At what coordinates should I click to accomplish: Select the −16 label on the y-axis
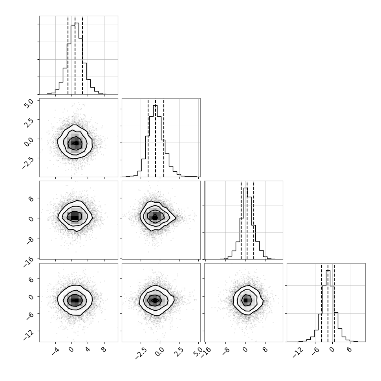pos(29,262)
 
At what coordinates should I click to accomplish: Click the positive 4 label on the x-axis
pos(88,350)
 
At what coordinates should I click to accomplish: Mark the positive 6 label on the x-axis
pos(349,350)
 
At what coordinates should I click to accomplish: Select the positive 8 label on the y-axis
pos(31,198)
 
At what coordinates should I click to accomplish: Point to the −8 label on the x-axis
pos(225,352)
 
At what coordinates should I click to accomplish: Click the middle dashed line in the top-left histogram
pos(75,55)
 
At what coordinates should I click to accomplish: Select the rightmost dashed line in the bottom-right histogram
pos(334,303)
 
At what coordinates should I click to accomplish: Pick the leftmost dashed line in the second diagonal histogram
pos(148,138)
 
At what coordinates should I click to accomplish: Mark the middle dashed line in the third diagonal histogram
pos(247,220)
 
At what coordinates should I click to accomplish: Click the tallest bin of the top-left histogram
pos(77,59)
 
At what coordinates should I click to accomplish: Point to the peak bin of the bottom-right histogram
pos(328,306)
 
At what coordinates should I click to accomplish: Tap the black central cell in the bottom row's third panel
pos(245,300)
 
